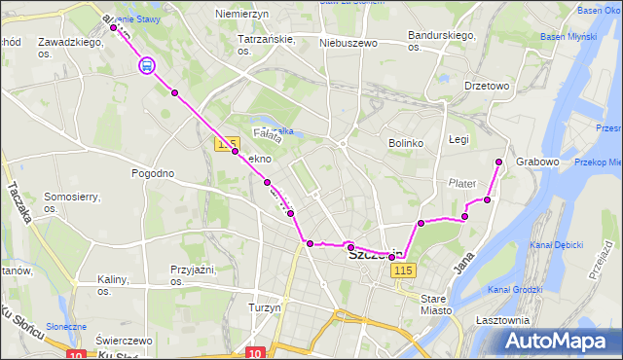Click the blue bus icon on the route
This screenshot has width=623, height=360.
click(x=146, y=66)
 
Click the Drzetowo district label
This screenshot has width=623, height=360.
click(x=487, y=86)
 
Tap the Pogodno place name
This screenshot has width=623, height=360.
click(x=153, y=173)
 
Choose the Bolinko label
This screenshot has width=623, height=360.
click(x=406, y=143)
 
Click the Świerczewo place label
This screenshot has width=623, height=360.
click(x=125, y=341)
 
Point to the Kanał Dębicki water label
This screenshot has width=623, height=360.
click(x=557, y=244)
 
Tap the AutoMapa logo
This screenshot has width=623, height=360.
click(x=558, y=342)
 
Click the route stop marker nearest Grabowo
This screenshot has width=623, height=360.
click(x=499, y=162)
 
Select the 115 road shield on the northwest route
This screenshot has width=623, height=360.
click(x=227, y=144)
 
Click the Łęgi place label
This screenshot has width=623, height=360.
click(x=458, y=140)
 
